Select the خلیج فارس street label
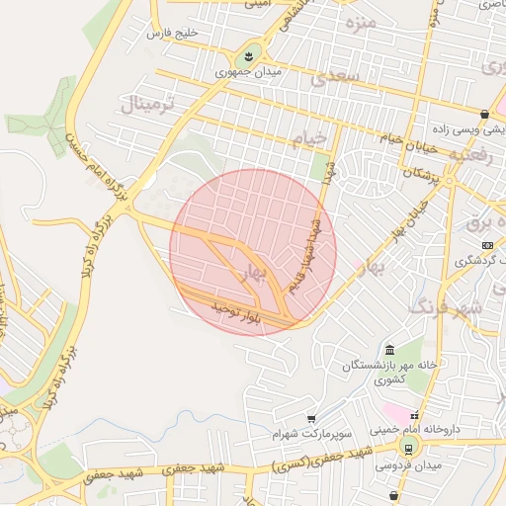coord(172,35)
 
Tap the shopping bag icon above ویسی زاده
coord(483,114)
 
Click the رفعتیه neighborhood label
coord(470,155)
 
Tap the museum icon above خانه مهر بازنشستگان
coord(389,350)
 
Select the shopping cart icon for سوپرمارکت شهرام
coord(311,418)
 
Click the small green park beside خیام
coord(319,167)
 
